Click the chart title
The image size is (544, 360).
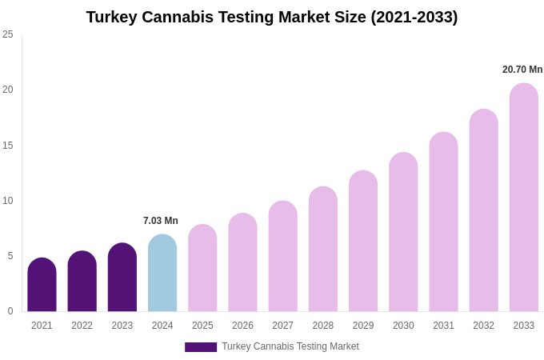272,17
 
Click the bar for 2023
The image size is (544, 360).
122,278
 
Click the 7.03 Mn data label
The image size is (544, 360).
161,221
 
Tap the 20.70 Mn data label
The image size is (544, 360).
522,70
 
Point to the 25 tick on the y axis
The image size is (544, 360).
8,34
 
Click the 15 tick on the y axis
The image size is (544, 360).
8,146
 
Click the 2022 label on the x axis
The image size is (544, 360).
82,326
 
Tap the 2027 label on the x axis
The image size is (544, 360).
282,326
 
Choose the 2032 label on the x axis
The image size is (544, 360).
483,326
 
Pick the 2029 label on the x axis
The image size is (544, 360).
363,326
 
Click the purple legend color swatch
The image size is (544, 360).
201,347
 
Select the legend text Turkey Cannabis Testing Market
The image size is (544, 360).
290,346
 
